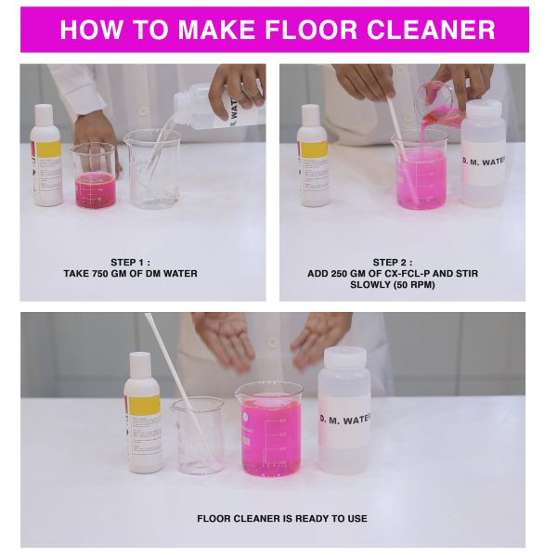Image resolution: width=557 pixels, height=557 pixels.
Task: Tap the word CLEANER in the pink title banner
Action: [x=431, y=30]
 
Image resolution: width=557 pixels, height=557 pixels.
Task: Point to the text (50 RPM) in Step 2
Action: [x=414, y=285]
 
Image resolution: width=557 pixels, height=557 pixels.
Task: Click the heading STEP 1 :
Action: [x=130, y=263]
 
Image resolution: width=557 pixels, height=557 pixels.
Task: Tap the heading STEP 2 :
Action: [x=393, y=263]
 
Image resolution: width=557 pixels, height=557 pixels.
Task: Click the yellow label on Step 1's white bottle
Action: [x=48, y=149]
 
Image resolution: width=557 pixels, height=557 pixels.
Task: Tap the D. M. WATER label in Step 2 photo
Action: [x=484, y=162]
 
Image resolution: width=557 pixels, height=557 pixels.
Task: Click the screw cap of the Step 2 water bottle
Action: [x=484, y=108]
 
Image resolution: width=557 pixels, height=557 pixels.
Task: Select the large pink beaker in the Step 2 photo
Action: [x=421, y=170]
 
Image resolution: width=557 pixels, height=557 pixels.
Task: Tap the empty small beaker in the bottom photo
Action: [x=198, y=436]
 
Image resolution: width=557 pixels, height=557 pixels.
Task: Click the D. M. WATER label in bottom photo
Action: [x=345, y=420]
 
